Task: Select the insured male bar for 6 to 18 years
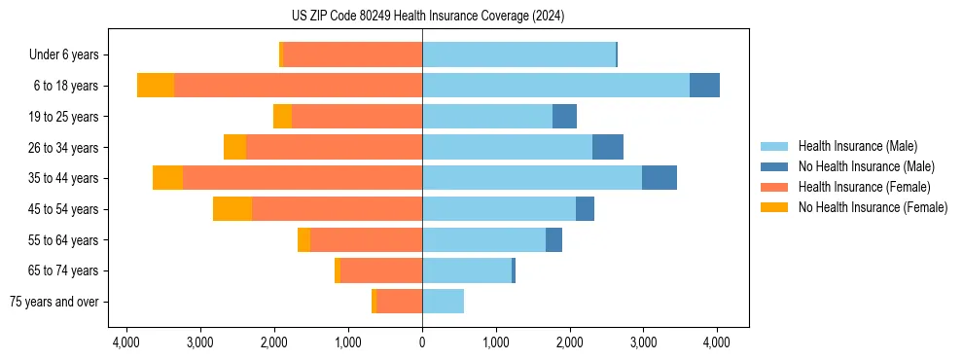point(555,86)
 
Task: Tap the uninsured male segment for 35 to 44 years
point(659,178)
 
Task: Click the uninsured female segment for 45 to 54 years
point(232,209)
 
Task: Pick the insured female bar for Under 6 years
point(352,54)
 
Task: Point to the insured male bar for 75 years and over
point(443,302)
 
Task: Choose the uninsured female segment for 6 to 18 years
point(156,86)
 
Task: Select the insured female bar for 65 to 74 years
point(381,270)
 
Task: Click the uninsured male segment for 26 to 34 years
point(608,147)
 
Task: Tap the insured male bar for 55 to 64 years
point(483,239)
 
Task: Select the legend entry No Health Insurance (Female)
point(873,207)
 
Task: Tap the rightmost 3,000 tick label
point(643,343)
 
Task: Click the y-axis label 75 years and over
point(54,302)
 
